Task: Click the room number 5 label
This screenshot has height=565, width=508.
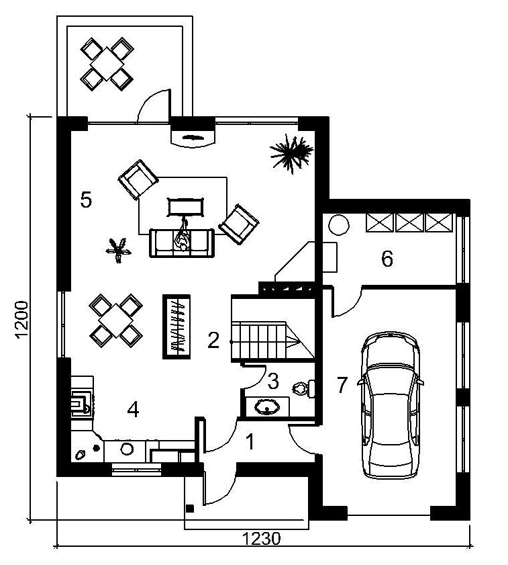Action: click(x=86, y=200)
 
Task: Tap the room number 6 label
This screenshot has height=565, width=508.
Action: click(x=387, y=259)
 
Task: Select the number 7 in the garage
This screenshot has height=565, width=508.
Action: click(x=342, y=385)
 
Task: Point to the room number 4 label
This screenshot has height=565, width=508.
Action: click(x=134, y=409)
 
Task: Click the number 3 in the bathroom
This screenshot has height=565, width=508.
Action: click(x=273, y=381)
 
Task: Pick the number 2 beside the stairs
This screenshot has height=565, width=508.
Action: click(x=213, y=340)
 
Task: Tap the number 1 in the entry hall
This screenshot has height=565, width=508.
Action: click(x=250, y=442)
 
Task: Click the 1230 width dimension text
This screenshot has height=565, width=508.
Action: click(x=261, y=539)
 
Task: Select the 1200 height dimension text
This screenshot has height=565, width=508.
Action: click(x=22, y=320)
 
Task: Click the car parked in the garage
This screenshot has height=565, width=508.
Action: click(x=391, y=405)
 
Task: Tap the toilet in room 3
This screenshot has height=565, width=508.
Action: click(x=304, y=388)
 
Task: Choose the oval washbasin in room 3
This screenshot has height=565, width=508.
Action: click(x=267, y=407)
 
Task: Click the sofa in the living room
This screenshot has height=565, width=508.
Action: click(x=182, y=243)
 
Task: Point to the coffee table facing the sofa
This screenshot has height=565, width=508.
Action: click(x=185, y=207)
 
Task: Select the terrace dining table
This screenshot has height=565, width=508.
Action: click(x=107, y=64)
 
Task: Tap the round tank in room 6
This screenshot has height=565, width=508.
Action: click(x=338, y=225)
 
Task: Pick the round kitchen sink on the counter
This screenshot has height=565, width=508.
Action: click(x=127, y=449)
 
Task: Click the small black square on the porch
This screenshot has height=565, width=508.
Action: click(x=190, y=509)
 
